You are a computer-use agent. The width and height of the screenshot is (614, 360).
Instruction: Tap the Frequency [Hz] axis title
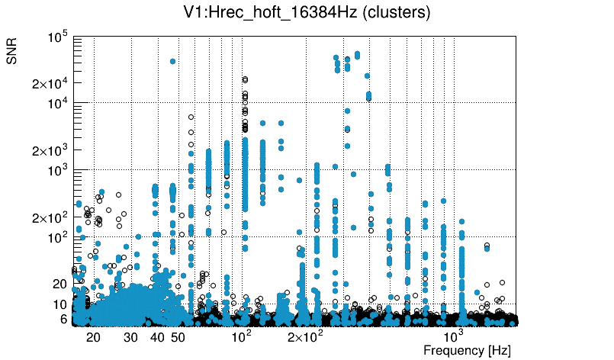click(x=467, y=350)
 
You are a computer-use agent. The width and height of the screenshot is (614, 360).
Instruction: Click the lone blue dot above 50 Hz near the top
click(x=172, y=61)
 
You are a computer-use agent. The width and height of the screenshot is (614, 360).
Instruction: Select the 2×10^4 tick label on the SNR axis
click(x=51, y=84)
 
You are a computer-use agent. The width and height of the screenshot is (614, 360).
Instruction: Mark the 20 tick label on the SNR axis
click(x=60, y=284)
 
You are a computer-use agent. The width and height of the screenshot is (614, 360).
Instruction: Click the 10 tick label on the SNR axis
click(x=60, y=304)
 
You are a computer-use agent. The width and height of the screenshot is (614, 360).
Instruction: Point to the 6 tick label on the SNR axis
click(x=64, y=319)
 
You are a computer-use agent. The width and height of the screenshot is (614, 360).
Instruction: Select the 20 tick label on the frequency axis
click(x=93, y=337)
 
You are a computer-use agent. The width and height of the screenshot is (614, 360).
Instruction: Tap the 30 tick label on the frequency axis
click(x=130, y=337)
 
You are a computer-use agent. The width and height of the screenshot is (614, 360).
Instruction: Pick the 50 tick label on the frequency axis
click(x=178, y=337)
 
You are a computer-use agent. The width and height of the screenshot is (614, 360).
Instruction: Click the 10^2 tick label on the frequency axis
click(x=241, y=336)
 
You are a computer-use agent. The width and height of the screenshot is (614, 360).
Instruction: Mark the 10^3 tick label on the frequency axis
click(x=454, y=336)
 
